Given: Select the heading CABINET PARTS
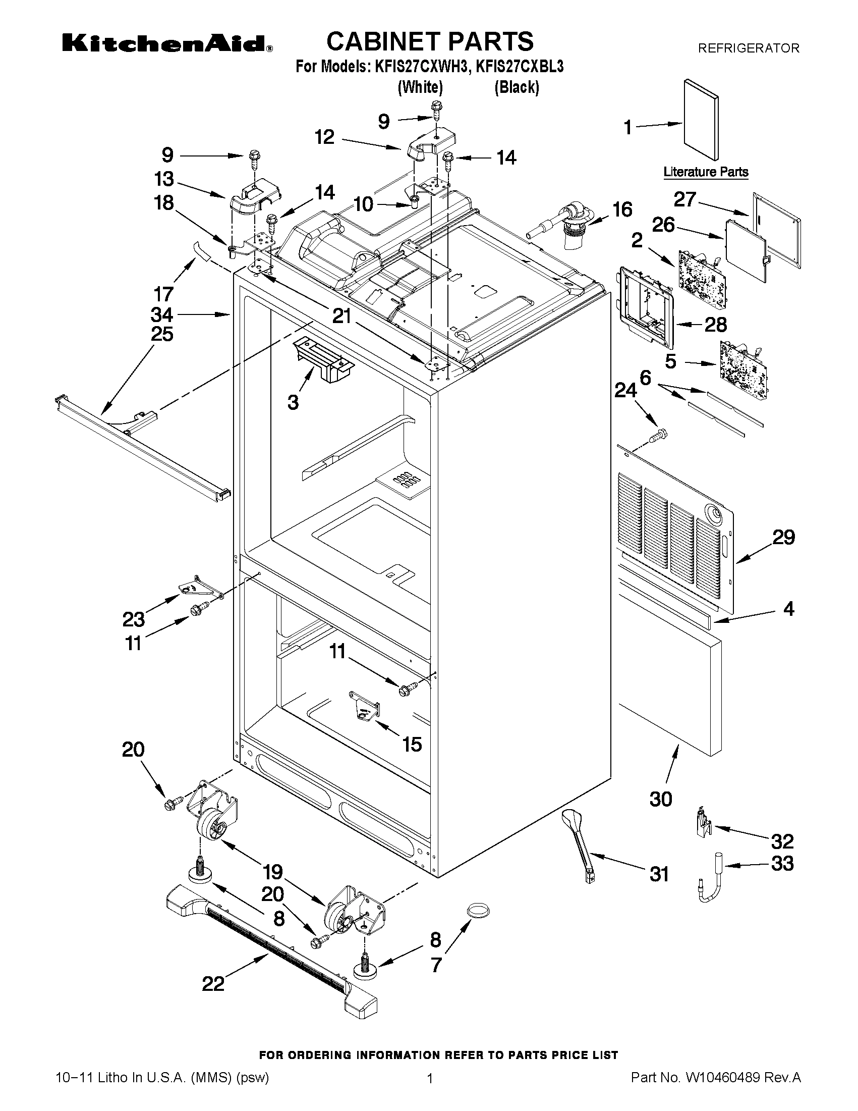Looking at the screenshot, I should [430, 41].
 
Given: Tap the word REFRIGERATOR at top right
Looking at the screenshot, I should [748, 48].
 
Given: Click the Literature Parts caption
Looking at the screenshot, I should [706, 172].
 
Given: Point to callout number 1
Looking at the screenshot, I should [628, 128].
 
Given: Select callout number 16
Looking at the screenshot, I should [622, 209].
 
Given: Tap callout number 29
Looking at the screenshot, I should [783, 537].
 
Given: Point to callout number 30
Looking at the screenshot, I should [661, 799].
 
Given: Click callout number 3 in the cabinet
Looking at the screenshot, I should [293, 402].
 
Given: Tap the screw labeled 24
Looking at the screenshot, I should [659, 435].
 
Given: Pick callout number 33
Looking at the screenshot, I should [782, 864].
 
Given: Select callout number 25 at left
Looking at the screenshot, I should [161, 334].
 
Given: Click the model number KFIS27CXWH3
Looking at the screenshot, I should [420, 67].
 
